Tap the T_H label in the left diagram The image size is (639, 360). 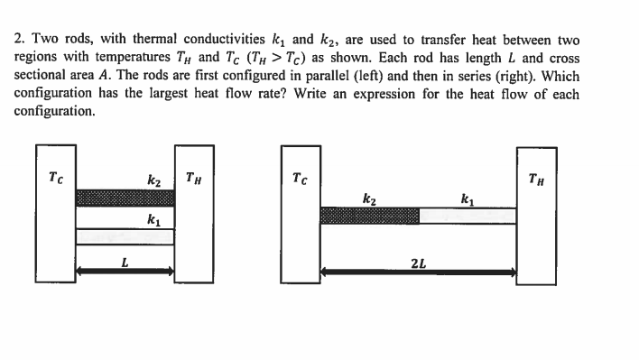pyautogui.click(x=192, y=177)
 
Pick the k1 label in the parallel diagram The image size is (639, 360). pyautogui.click(x=154, y=219)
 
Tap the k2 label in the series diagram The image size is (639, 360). pyautogui.click(x=368, y=198)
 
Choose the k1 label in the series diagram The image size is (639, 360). pyautogui.click(x=467, y=198)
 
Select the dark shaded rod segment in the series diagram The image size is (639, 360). pyautogui.click(x=370, y=216)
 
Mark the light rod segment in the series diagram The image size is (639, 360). pyautogui.click(x=468, y=216)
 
